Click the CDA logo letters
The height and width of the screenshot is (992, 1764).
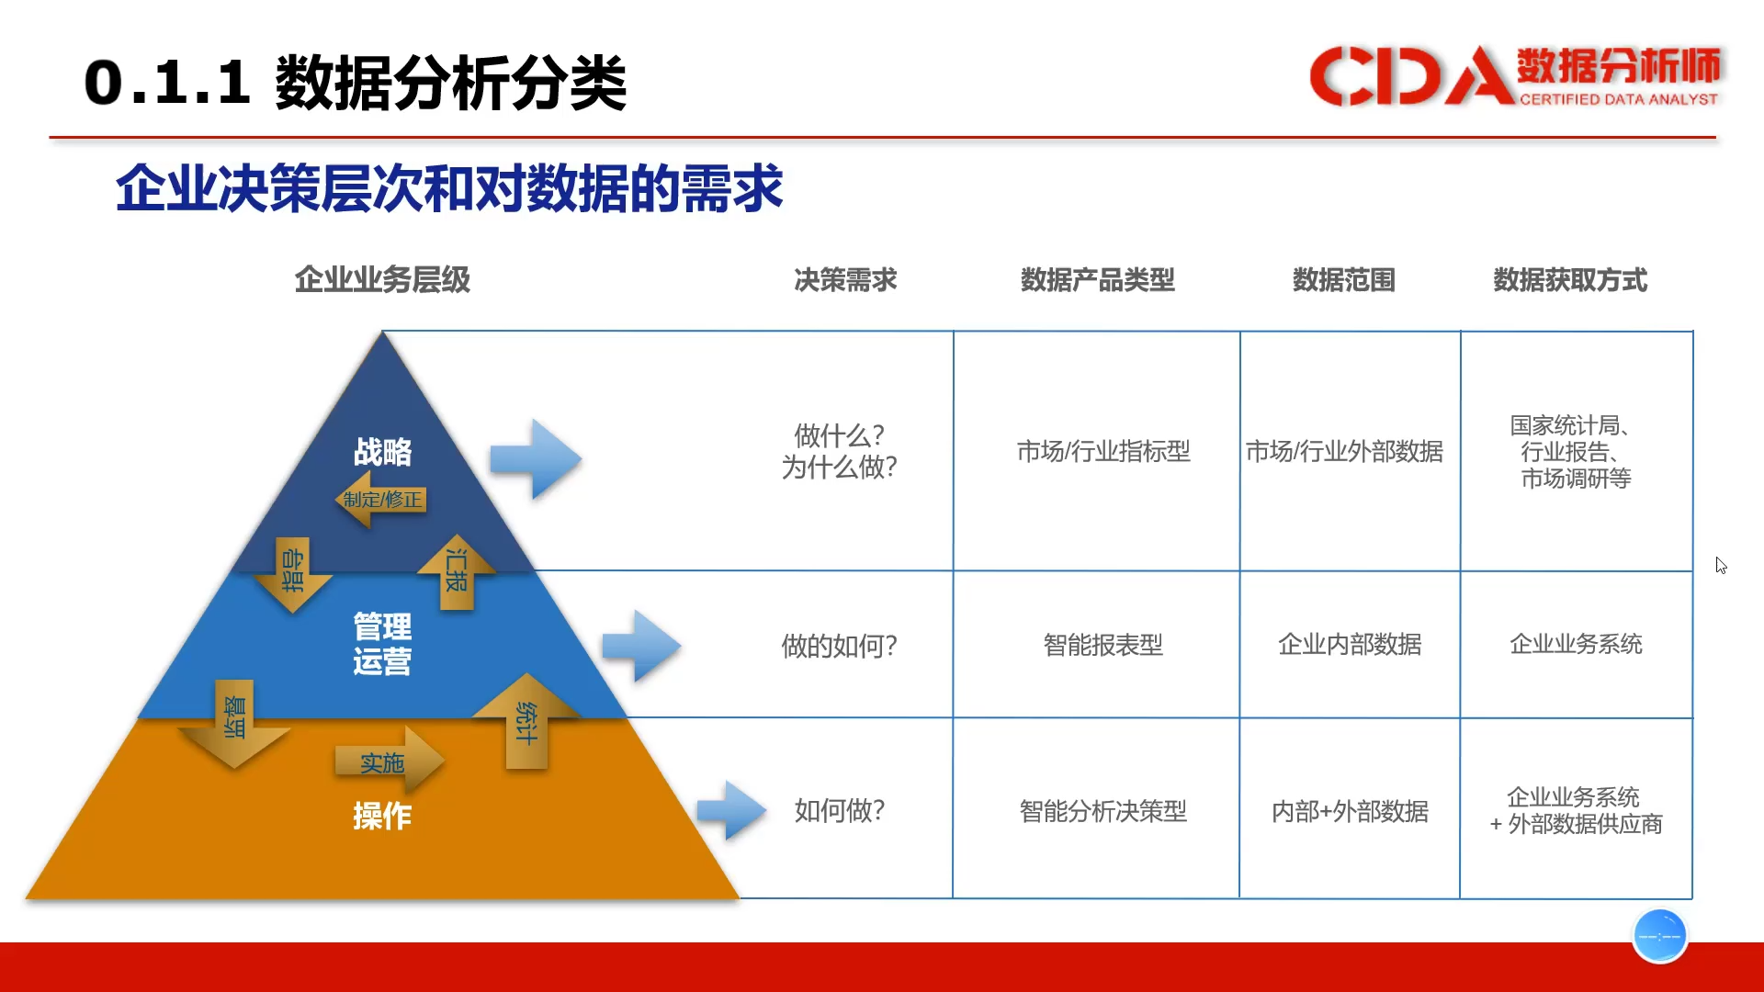(x=1410, y=75)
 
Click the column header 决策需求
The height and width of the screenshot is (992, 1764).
(x=845, y=280)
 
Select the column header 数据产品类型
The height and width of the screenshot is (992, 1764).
(x=1098, y=280)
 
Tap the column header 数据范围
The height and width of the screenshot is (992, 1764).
(x=1344, y=280)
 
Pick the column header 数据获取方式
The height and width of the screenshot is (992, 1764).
(x=1570, y=280)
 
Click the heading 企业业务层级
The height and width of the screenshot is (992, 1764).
(x=382, y=280)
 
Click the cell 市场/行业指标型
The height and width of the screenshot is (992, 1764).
(x=1103, y=451)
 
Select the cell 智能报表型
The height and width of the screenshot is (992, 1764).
(x=1103, y=645)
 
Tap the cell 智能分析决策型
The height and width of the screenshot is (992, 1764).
(x=1103, y=811)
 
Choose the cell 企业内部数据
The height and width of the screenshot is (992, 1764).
(x=1350, y=645)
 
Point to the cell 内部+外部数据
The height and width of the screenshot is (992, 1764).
(x=1350, y=811)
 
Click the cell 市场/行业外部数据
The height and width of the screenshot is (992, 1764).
(x=1344, y=451)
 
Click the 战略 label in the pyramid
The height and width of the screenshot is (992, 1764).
(x=383, y=452)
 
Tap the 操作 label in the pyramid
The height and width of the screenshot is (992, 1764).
(x=382, y=816)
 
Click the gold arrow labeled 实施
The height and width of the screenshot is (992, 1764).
(x=390, y=761)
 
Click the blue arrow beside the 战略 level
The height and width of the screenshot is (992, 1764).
(x=536, y=459)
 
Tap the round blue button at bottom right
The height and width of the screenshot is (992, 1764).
(x=1659, y=936)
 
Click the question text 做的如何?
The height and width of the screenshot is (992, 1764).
(x=839, y=646)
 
